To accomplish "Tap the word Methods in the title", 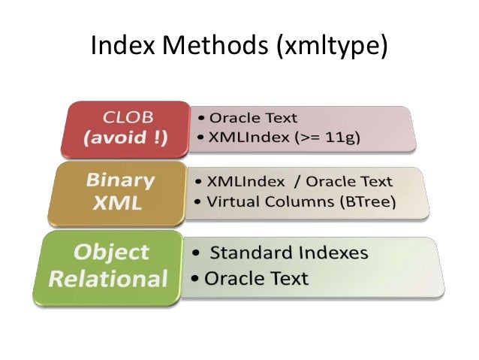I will tap(210, 47).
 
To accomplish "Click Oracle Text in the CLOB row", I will tap(254, 118).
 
